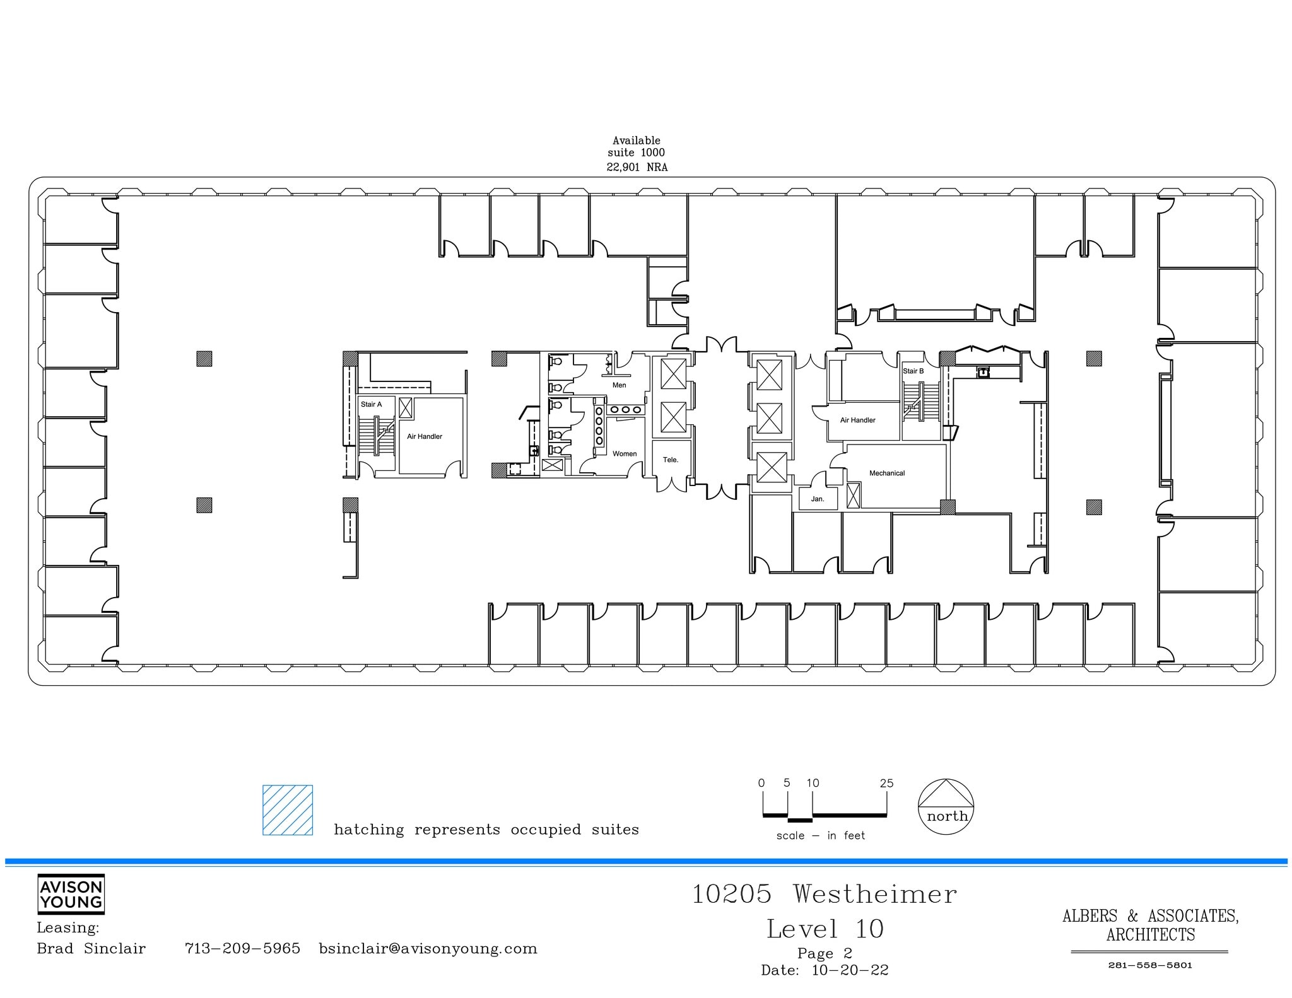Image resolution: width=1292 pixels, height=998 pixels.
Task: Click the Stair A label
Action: [371, 404]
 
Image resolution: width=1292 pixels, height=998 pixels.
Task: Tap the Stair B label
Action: [913, 371]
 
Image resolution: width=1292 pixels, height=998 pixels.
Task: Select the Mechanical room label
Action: [886, 473]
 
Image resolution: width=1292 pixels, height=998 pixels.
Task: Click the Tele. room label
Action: [670, 460]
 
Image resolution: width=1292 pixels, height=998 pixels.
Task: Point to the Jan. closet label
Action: [817, 499]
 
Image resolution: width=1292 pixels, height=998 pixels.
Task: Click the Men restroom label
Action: [619, 385]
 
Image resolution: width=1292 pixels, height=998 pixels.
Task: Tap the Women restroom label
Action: [624, 453]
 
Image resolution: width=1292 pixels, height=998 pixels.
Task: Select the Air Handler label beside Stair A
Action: [424, 436]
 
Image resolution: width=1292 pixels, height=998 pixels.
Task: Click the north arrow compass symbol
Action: [946, 807]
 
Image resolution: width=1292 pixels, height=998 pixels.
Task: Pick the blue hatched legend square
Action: [288, 810]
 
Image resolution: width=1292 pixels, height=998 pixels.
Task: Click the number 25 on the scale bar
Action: [886, 783]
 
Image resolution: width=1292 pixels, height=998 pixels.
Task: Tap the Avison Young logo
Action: [71, 894]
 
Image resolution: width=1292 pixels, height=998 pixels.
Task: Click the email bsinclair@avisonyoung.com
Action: [428, 949]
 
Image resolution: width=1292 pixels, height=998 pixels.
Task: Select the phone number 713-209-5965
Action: [242, 949]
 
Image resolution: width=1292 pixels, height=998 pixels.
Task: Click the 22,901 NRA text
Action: [637, 167]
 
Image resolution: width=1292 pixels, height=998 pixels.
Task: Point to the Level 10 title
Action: [825, 929]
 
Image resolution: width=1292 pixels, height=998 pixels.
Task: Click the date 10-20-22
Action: [850, 970]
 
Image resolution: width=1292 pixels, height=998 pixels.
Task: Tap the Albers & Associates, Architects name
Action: [1150, 925]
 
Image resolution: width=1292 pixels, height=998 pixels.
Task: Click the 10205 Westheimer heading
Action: [824, 894]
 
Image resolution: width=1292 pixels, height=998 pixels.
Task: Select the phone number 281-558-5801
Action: [1149, 965]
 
